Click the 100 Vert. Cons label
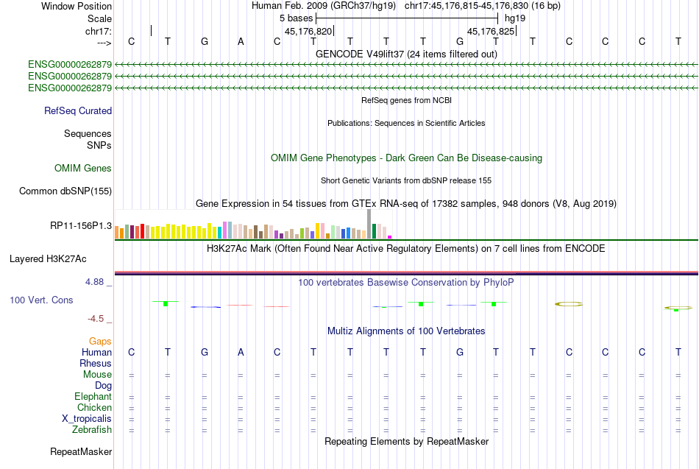click(x=41, y=300)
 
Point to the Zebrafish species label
click(x=92, y=430)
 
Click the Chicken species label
click(x=94, y=408)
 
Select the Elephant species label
click(x=93, y=397)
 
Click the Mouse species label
click(x=97, y=375)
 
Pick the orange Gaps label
click(x=100, y=342)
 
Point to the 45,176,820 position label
click(x=308, y=32)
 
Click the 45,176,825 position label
click(x=491, y=32)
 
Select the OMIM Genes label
click(x=83, y=169)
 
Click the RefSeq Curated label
click(x=78, y=111)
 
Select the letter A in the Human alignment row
click(x=241, y=353)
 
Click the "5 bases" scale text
click(x=296, y=18)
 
